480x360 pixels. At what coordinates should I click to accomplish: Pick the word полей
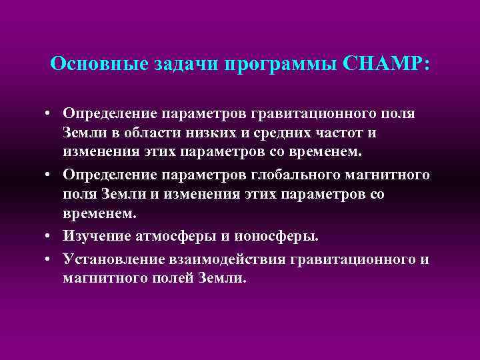pyautogui.click(x=167, y=277)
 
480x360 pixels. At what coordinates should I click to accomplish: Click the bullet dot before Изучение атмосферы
pyautogui.click(x=51, y=235)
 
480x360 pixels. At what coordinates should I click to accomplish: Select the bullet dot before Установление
pyautogui.click(x=51, y=259)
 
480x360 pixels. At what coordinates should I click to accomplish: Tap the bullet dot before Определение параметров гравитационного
pyautogui.click(x=51, y=114)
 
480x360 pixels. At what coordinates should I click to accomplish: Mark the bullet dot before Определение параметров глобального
pyautogui.click(x=51, y=175)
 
